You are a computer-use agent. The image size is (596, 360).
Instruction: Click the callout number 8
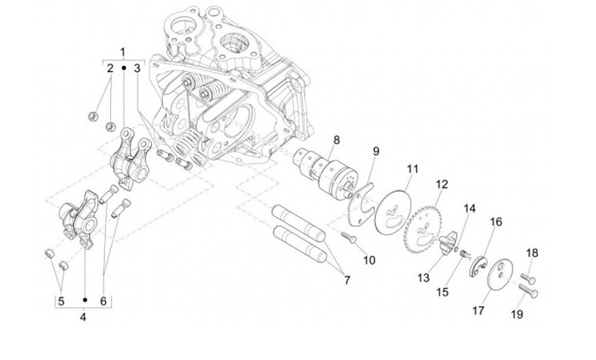click(336, 140)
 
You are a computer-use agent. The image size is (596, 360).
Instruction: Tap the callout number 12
click(442, 185)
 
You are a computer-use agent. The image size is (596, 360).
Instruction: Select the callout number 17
click(478, 310)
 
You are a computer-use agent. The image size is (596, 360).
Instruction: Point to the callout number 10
click(369, 261)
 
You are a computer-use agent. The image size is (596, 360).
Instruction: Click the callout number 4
click(83, 317)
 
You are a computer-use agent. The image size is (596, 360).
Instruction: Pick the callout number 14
click(469, 209)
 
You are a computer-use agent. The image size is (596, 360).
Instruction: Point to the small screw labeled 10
click(349, 238)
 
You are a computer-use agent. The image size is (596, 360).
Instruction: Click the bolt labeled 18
click(528, 278)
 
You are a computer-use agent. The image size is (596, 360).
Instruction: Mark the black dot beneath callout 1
click(124, 68)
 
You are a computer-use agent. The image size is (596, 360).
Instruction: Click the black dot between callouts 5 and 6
click(85, 300)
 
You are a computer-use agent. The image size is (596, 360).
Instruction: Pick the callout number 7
click(347, 281)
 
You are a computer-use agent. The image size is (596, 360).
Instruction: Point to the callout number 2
click(110, 69)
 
